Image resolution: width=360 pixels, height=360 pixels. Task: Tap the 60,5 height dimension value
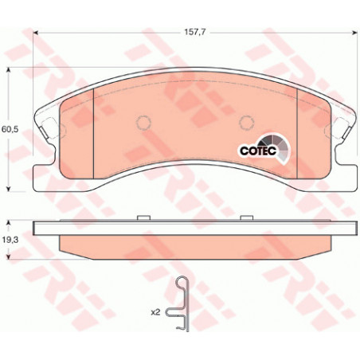(10, 130)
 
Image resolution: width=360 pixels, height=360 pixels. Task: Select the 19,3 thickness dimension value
(10, 240)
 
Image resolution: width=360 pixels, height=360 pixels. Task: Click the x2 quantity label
(155, 312)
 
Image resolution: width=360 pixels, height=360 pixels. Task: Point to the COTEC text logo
(258, 151)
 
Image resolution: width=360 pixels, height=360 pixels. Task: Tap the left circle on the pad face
(143, 123)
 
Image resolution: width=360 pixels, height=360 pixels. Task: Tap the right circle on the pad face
(247, 123)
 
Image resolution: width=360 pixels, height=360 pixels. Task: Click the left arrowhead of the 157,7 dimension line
(36, 33)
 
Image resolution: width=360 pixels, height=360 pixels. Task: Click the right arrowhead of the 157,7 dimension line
(354, 33)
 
